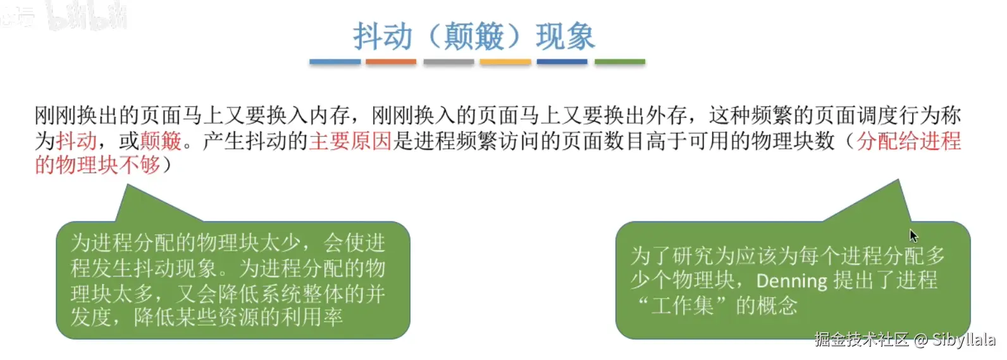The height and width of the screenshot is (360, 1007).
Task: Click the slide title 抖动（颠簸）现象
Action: point(474,36)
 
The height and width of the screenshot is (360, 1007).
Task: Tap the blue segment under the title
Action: point(335,61)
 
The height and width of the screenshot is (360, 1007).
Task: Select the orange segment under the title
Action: point(391,61)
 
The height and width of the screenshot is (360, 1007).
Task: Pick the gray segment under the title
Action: point(448,61)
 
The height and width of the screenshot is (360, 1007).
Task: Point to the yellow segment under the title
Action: point(505,61)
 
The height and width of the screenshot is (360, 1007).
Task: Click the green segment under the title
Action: point(620,61)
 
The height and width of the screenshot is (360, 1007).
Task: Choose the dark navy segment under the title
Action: point(562,61)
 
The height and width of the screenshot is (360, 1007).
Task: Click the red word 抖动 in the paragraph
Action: point(77,140)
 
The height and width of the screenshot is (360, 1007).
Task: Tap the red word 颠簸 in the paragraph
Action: point(161,140)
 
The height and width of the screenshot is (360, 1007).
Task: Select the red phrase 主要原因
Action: point(350,140)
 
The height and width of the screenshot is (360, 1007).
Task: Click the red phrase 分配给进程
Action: point(909,140)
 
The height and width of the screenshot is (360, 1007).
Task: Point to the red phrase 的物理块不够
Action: point(97,165)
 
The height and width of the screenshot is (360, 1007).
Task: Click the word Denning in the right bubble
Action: point(792,281)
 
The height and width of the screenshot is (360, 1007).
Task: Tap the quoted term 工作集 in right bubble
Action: point(683,306)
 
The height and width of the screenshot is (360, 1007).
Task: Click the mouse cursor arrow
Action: point(913,235)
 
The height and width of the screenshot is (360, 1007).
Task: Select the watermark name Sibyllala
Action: point(964,340)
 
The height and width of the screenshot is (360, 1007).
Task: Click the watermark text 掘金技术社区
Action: point(862,339)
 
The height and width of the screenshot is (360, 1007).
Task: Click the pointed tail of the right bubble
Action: point(898,180)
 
